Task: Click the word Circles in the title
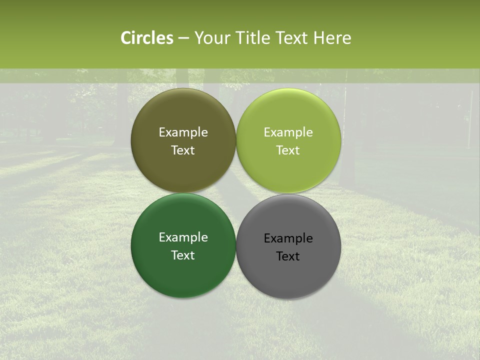[x=146, y=38]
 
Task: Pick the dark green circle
[x=183, y=275]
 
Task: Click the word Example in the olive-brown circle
[x=183, y=132]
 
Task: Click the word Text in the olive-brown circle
[x=183, y=150]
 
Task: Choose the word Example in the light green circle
[x=288, y=132]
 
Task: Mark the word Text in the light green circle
[x=288, y=150]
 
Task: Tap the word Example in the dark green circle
[x=183, y=237]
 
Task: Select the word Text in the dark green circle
[x=183, y=255]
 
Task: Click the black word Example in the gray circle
[x=288, y=238]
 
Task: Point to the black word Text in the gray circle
[x=288, y=256]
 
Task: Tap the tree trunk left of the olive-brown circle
[x=121, y=115]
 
